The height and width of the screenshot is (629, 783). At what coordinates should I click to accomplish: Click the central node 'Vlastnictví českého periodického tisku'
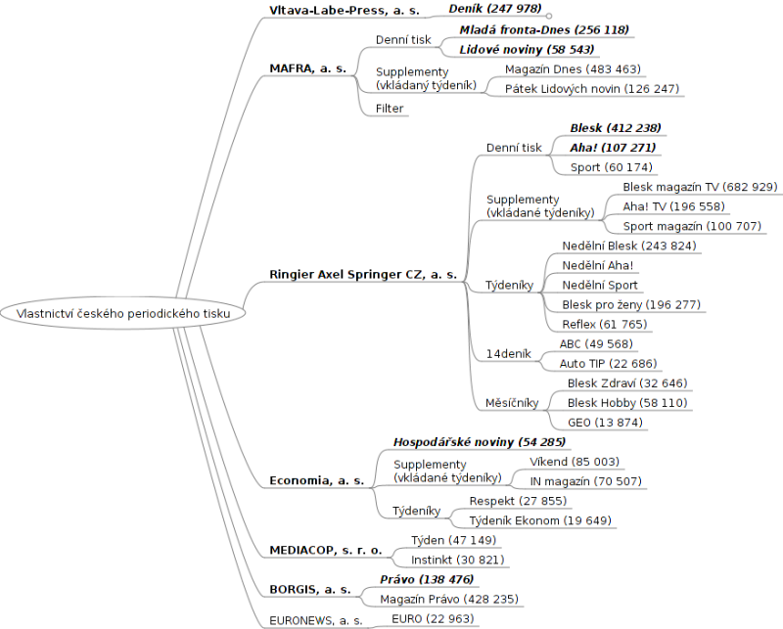122,313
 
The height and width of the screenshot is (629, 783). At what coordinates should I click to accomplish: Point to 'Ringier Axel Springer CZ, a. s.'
363,275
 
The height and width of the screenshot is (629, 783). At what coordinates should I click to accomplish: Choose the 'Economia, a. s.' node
316,480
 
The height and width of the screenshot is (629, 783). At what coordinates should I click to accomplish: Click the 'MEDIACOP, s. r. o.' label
326,551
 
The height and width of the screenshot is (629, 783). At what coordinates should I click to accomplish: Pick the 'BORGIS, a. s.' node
310,590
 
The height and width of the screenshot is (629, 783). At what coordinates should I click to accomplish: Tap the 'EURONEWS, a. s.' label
316,619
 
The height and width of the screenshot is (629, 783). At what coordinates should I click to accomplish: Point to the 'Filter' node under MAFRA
390,109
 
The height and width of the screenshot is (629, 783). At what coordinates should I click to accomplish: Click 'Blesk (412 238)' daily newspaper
615,128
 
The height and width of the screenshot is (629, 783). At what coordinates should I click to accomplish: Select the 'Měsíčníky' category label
512,403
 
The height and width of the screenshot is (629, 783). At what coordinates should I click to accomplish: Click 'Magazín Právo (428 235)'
448,599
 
